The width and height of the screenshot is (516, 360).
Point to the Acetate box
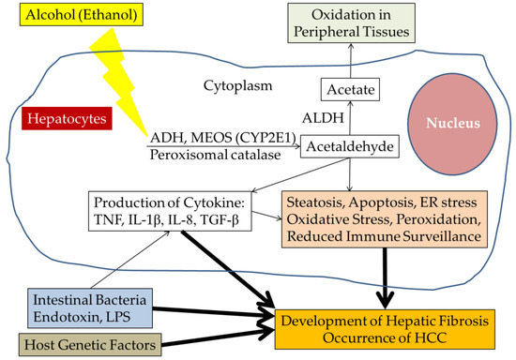pyautogui.click(x=350, y=90)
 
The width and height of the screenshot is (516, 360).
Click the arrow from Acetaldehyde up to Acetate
pyautogui.click(x=350, y=120)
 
